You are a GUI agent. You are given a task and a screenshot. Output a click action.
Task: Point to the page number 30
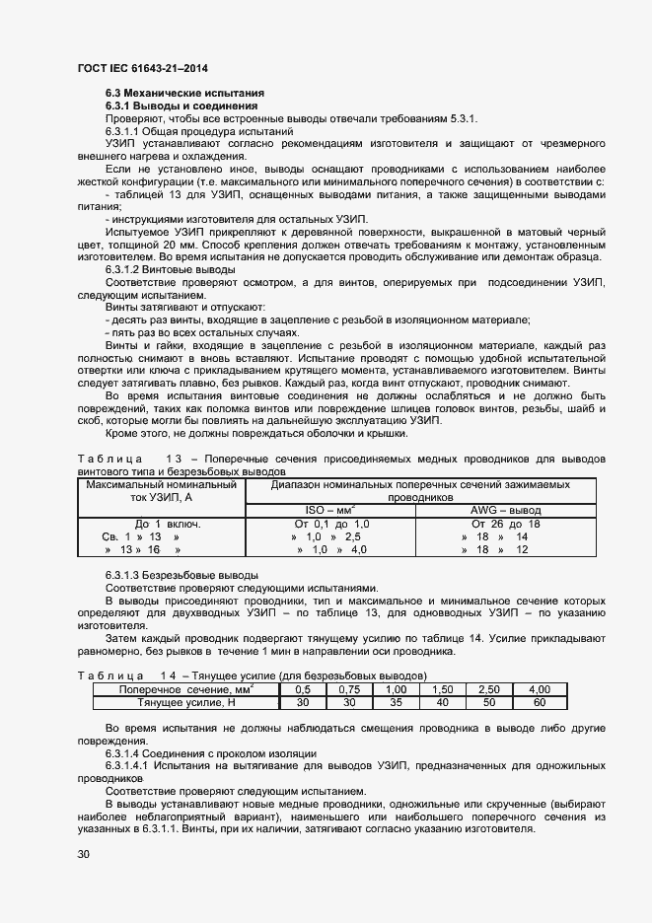84,854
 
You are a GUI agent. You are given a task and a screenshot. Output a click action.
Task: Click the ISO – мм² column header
329,510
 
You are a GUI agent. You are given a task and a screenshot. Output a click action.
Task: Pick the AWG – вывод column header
506,510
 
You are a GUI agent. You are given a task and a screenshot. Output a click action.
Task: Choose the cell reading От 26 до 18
506,524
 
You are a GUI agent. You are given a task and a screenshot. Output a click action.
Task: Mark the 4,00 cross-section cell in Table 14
539,688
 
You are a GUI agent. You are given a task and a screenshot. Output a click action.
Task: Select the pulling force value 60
539,702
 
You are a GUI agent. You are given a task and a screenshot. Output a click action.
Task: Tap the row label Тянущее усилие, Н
185,702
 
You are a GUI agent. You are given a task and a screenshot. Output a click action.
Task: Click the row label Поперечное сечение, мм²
185,688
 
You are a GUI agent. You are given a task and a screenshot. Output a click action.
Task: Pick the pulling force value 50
488,702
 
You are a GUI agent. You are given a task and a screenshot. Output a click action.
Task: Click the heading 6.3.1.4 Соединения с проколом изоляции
203,751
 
